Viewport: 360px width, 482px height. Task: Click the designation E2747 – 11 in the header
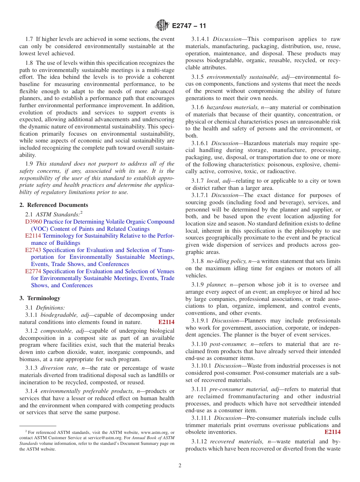(x=189, y=26)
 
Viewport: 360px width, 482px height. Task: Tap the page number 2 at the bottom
(x=180, y=466)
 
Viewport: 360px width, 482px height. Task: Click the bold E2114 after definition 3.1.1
(x=166, y=322)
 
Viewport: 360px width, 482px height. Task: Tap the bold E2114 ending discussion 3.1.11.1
(x=332, y=432)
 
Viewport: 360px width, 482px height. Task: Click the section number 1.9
(x=30, y=164)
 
